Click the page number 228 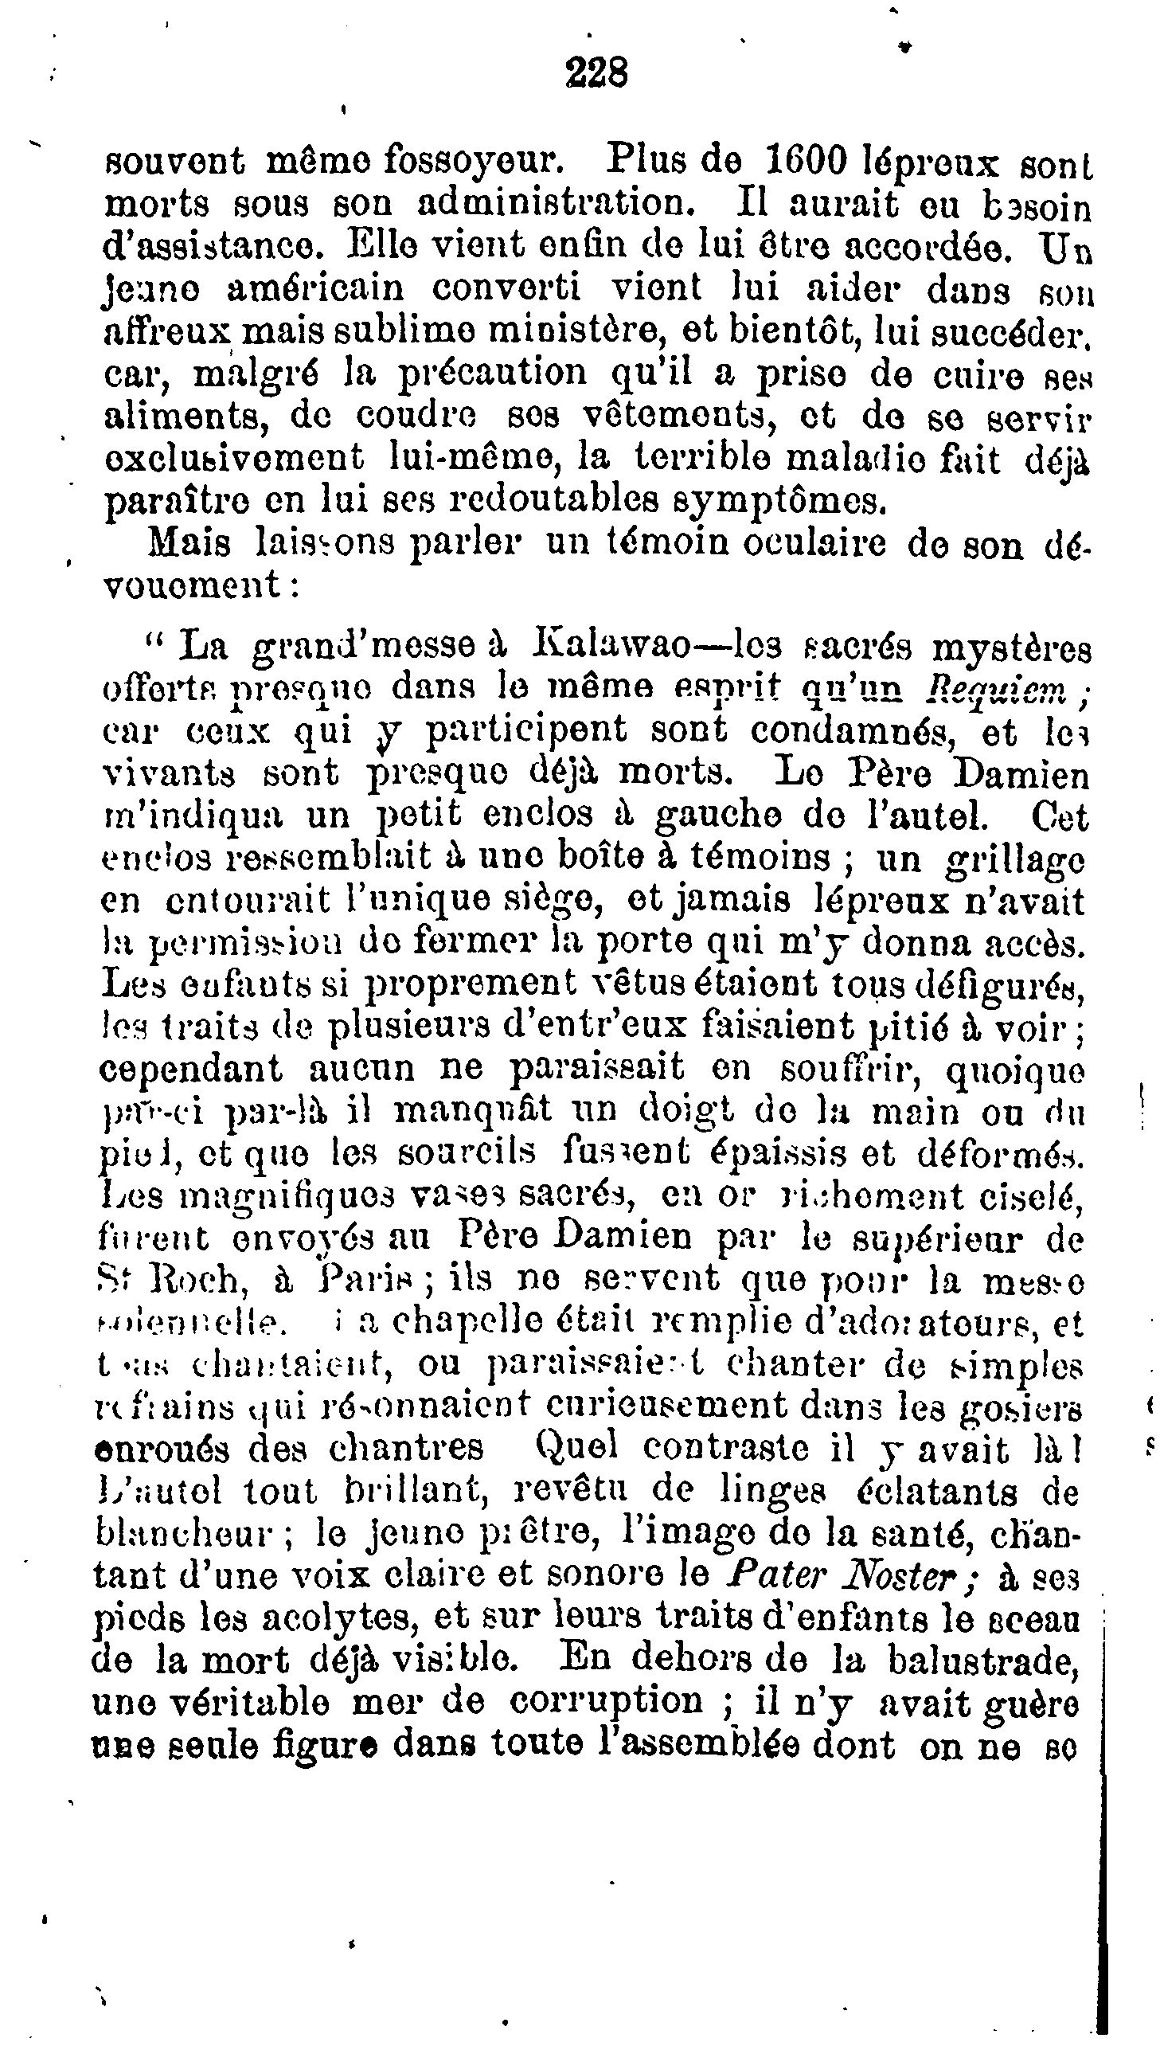point(597,74)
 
